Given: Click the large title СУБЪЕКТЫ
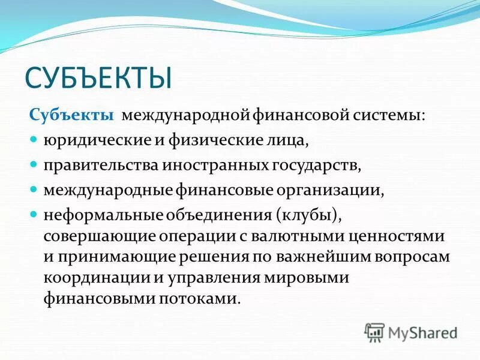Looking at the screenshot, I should pyautogui.click(x=98, y=79).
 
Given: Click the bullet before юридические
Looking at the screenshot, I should pyautogui.click(x=34, y=139).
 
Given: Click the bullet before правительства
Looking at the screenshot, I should pyautogui.click(x=34, y=163).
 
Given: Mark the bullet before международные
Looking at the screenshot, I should pyautogui.click(x=34, y=188).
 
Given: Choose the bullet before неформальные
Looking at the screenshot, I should pyautogui.click(x=34, y=213).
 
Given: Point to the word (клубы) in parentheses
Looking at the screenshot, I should pyautogui.click(x=308, y=214).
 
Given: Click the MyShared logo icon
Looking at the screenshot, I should pyautogui.click(x=374, y=331).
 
